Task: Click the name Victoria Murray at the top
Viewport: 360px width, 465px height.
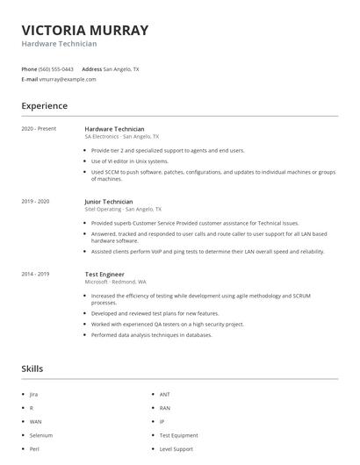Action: (85, 30)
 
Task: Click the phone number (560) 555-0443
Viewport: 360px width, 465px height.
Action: (57, 68)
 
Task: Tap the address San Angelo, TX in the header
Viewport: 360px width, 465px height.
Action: (121, 68)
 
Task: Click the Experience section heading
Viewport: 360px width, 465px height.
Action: (44, 106)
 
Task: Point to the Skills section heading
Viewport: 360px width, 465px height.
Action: (32, 368)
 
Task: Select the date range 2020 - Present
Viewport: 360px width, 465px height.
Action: (39, 129)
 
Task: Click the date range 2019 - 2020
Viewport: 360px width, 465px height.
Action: (35, 202)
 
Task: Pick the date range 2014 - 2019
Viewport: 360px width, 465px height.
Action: (35, 274)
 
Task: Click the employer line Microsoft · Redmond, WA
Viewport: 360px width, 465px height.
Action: (115, 282)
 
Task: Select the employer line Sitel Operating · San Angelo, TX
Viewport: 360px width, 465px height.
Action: (123, 210)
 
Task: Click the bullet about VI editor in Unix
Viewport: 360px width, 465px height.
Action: (129, 161)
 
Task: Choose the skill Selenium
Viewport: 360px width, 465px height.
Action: (41, 435)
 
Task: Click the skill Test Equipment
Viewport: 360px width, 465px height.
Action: (178, 435)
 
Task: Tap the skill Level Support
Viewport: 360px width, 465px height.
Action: (176, 448)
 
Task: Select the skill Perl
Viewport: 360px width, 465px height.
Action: (33, 448)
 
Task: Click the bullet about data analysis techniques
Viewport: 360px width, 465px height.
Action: (152, 335)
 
